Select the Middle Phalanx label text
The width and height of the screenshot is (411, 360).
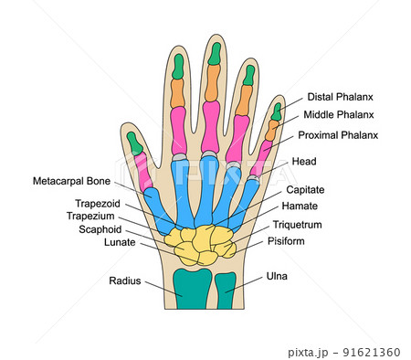(x=342, y=115)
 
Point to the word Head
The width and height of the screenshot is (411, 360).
(x=304, y=162)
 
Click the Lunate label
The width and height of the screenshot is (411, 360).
(x=120, y=242)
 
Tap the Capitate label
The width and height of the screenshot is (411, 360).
(x=305, y=189)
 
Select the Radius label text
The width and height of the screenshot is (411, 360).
(x=125, y=281)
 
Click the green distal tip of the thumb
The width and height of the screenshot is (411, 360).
(x=135, y=143)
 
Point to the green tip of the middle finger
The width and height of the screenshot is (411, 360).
(x=215, y=54)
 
